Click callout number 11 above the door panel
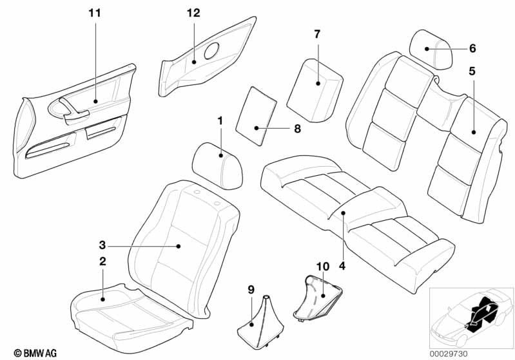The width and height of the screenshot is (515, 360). (x=95, y=13)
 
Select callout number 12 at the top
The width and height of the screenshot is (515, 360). (x=193, y=13)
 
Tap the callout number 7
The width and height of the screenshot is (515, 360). (x=317, y=34)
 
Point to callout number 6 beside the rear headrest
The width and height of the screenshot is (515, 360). (x=472, y=48)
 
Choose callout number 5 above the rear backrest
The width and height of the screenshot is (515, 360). (x=472, y=71)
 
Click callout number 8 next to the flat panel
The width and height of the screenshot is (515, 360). (x=297, y=129)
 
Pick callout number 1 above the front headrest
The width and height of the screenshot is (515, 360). (x=220, y=121)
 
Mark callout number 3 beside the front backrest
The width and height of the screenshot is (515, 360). (x=102, y=245)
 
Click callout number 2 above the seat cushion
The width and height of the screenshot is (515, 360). (x=102, y=261)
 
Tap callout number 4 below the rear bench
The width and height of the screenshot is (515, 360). (x=342, y=266)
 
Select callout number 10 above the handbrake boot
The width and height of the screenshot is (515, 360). (x=323, y=267)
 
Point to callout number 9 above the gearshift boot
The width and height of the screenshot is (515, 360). (x=251, y=290)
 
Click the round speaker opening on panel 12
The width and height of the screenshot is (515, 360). (x=212, y=51)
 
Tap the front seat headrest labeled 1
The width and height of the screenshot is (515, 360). (x=217, y=166)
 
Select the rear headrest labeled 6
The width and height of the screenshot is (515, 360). (x=431, y=50)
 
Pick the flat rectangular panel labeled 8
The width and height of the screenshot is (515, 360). (x=257, y=116)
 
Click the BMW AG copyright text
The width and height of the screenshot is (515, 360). (x=35, y=353)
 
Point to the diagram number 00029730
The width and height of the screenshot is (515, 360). (x=449, y=354)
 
